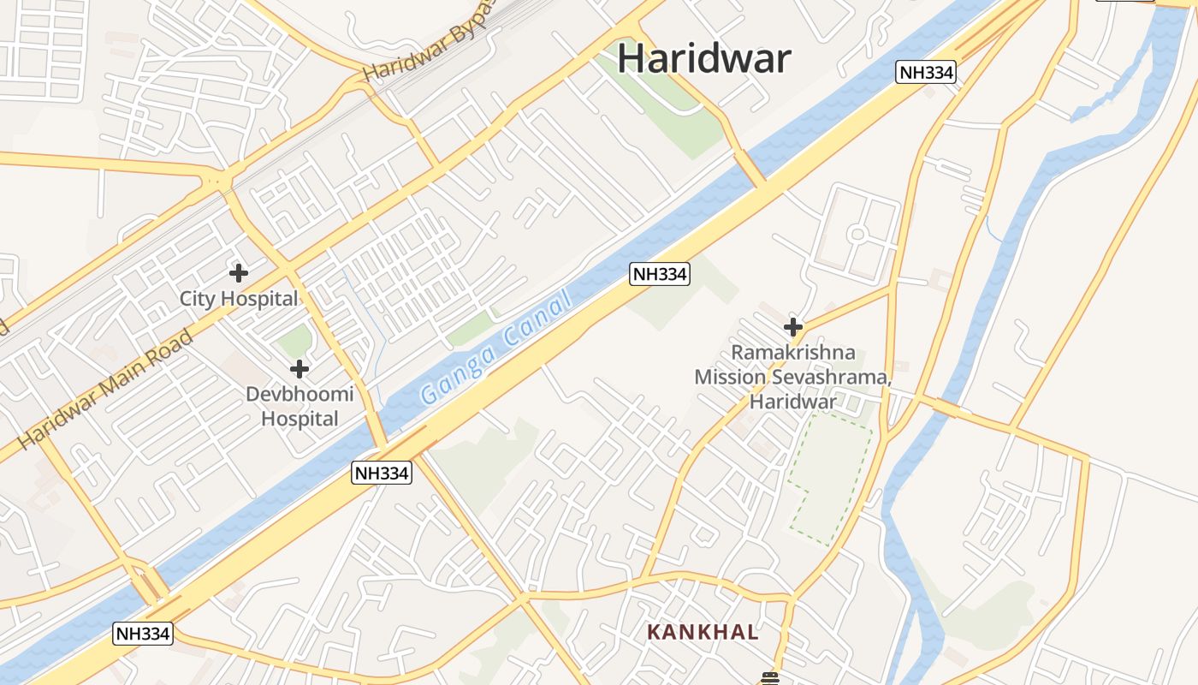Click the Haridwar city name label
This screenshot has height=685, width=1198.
point(703,58)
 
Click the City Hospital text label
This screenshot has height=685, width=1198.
point(238,299)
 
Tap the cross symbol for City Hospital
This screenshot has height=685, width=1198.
point(239,273)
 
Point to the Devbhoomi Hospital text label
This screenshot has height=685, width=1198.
point(299,407)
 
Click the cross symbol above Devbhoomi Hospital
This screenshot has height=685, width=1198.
point(299,369)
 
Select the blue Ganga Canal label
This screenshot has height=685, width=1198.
point(495,348)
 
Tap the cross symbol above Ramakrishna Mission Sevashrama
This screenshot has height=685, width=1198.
point(793,326)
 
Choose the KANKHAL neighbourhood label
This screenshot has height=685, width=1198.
point(703,632)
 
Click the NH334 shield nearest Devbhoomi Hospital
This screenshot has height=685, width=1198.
point(382,473)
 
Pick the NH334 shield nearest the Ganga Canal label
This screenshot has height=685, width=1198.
point(659,274)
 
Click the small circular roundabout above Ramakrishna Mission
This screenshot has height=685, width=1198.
point(857,234)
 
